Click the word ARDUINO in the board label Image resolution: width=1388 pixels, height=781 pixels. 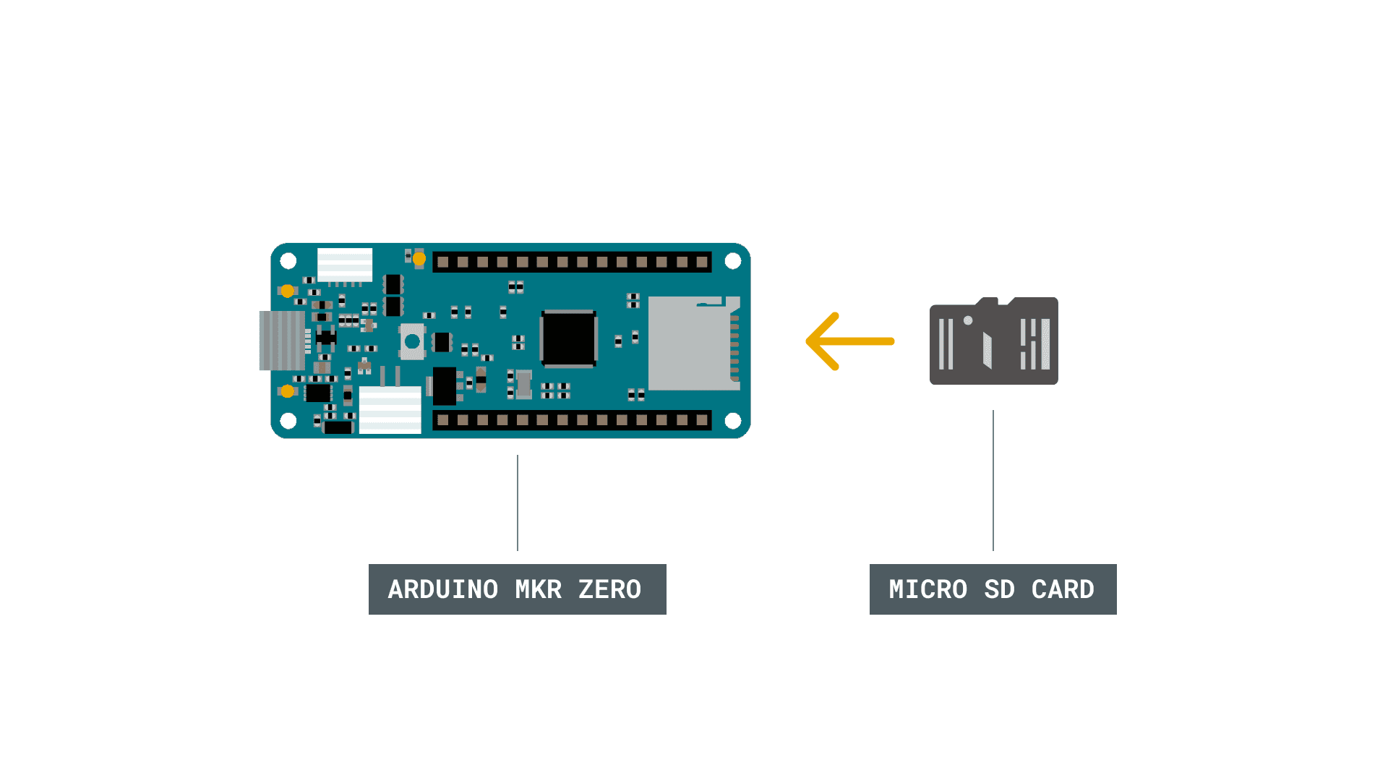click(442, 589)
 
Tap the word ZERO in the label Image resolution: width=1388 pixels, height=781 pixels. click(609, 589)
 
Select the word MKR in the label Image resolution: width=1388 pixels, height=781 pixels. click(538, 589)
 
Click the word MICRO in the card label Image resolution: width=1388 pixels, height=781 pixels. click(928, 589)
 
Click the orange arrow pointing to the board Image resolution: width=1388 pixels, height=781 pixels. click(850, 341)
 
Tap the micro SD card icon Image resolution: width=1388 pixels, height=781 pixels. click(993, 341)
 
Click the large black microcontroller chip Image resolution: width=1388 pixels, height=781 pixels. click(569, 338)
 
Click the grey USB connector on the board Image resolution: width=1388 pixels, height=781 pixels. click(281, 341)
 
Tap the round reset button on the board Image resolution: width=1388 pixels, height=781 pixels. click(412, 341)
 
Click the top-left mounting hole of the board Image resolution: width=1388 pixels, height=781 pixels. click(288, 260)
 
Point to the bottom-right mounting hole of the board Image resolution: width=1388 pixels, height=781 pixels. click(732, 420)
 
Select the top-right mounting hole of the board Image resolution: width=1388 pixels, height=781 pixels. click(732, 260)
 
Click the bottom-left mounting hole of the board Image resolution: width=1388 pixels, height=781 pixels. click(288, 420)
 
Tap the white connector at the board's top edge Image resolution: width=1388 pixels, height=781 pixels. click(345, 265)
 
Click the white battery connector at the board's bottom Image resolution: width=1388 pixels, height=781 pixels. click(390, 409)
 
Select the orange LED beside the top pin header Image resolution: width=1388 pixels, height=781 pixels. click(419, 258)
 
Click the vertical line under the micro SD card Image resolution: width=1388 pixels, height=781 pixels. click(993, 480)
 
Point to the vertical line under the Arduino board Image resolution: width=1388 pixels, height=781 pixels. click(518, 503)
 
